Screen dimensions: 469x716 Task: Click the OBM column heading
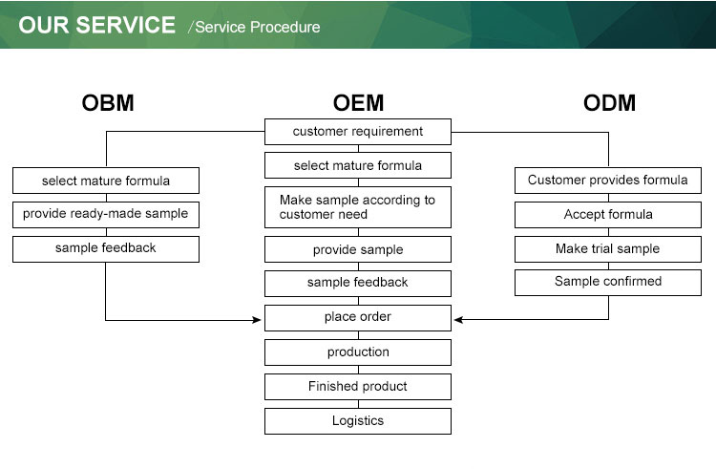point(107,103)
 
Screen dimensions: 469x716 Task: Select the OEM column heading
point(358,103)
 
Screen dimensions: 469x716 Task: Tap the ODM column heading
point(609,103)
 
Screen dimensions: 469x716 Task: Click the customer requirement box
point(358,132)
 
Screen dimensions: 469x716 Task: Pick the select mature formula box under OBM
point(106,181)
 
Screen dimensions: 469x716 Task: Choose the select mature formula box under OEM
point(358,166)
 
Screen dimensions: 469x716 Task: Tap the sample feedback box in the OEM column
point(358,284)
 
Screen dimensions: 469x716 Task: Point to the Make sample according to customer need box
point(358,207)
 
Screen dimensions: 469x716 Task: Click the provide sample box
point(358,250)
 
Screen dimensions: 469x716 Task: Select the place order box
point(358,317)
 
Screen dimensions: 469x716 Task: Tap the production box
point(358,352)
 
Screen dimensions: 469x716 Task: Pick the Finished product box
point(358,387)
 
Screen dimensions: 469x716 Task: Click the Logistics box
point(358,421)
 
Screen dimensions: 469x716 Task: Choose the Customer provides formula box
point(608,181)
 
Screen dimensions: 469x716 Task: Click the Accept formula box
point(608,215)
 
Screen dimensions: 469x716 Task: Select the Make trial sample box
point(608,249)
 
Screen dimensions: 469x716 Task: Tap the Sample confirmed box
point(608,283)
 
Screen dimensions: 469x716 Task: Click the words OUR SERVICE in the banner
point(97,26)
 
